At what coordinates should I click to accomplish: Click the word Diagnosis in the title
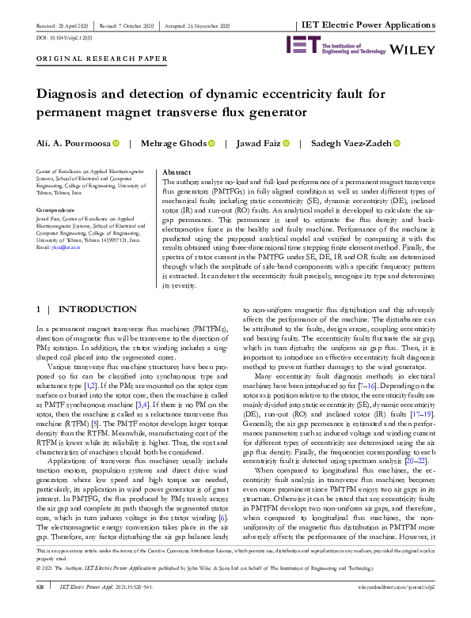pos(73,92)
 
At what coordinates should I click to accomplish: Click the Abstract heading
pos(176,171)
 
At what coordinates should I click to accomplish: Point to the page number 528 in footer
pos(43,609)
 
